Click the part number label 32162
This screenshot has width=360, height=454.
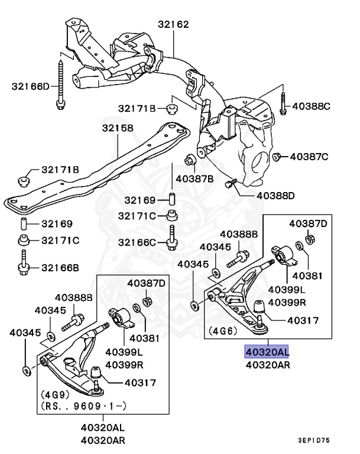pos(173,24)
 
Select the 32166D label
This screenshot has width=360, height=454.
pos(31,86)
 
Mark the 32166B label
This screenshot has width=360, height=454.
pos(60,267)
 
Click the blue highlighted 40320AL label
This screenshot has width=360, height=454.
pos(267,352)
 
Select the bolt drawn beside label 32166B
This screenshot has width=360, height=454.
pos(23,262)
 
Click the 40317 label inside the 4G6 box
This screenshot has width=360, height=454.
pos(303,320)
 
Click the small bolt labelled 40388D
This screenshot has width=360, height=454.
pos(231,184)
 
